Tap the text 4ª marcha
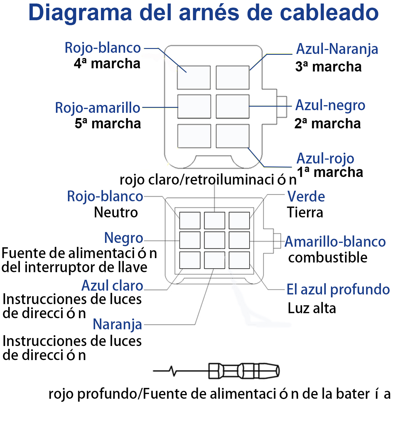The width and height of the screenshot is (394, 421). [x=107, y=64]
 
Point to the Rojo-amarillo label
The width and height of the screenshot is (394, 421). [x=98, y=108]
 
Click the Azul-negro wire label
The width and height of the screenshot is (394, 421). [x=330, y=105]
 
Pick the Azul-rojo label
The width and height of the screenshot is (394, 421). [x=325, y=159]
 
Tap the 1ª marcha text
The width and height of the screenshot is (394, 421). [x=330, y=172]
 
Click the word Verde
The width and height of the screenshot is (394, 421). [x=306, y=197]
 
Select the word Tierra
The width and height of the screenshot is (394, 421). [x=305, y=212]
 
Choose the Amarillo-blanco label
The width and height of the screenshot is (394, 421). [x=335, y=242]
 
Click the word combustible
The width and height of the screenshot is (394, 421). [x=328, y=258]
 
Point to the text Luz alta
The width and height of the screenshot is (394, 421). [x=311, y=308]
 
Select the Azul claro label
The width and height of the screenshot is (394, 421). [x=112, y=286]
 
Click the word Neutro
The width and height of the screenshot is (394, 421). [x=116, y=212]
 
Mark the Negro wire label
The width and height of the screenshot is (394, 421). [x=124, y=238]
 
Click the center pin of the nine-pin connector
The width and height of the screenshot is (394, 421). [x=214, y=240]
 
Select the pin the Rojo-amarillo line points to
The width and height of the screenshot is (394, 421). [x=194, y=106]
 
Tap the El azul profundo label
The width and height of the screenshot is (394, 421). [x=338, y=289]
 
